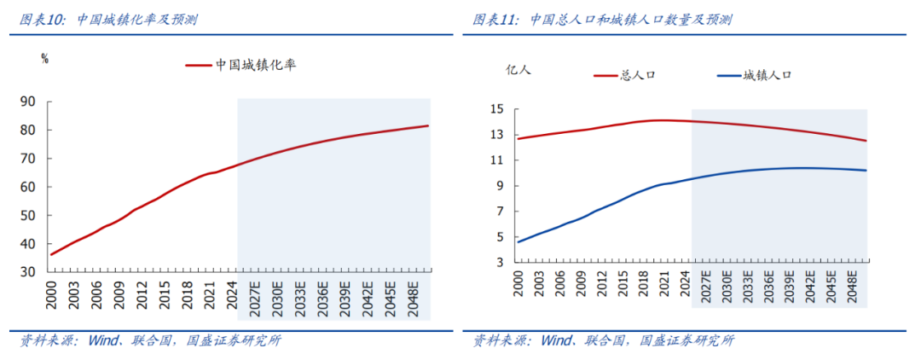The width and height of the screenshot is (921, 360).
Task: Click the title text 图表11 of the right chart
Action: tap(495, 20)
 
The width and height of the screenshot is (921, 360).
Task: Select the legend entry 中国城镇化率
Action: tap(255, 65)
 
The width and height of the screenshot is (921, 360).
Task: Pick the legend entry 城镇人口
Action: tap(767, 75)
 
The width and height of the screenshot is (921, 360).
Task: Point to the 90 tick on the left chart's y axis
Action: tap(28, 102)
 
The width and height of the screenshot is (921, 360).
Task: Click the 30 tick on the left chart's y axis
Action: tap(28, 272)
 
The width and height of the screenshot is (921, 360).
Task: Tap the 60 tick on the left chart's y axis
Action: tap(28, 187)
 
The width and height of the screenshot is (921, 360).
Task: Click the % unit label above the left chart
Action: tap(44, 59)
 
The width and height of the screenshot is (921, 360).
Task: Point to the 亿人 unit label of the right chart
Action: tap(518, 70)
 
